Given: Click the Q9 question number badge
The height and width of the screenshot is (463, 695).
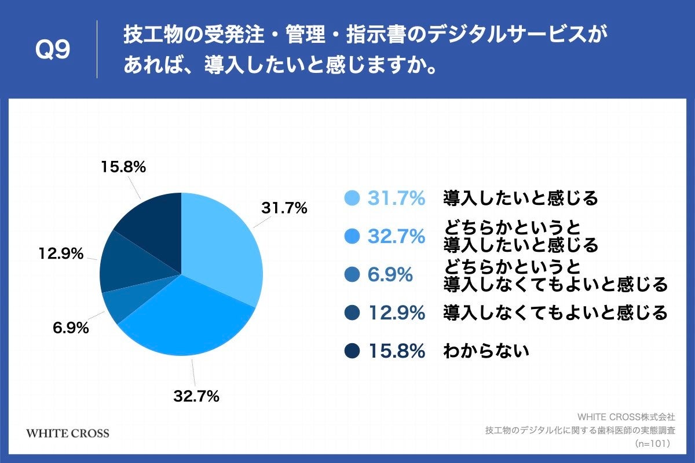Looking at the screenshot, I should (53, 50).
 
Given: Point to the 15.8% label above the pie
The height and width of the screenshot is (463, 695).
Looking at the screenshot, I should (123, 167).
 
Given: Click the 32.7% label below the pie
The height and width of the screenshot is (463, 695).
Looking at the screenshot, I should (196, 396).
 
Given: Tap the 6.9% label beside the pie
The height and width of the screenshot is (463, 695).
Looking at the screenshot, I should (71, 328).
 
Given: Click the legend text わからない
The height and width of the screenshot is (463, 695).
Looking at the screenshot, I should (487, 351).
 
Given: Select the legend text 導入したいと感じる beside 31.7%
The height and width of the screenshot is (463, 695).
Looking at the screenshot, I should (520, 199).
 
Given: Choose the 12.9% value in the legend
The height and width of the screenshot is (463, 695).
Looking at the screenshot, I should (397, 313).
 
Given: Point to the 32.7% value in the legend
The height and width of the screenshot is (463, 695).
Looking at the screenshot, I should (397, 237).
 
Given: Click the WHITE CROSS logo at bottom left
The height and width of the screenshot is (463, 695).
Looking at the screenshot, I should (68, 433).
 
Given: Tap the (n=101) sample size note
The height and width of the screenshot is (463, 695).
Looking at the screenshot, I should (652, 443).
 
